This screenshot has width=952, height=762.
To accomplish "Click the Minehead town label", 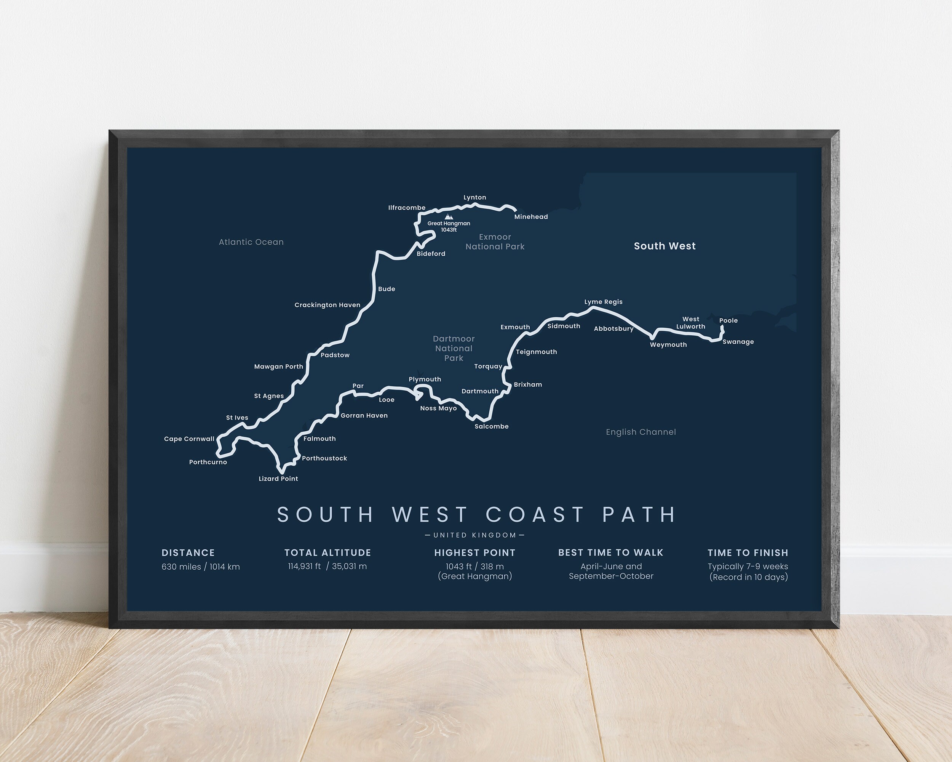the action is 531,217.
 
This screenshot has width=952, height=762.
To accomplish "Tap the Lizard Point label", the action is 278,479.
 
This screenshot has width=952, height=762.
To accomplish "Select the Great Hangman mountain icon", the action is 449,217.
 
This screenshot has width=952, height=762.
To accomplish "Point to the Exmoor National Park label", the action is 495,242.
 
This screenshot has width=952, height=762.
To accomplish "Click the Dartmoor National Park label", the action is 454,349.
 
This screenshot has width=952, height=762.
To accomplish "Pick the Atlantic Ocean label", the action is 251,242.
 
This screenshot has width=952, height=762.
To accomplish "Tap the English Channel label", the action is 641,432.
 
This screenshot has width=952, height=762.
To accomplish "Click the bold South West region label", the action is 664,246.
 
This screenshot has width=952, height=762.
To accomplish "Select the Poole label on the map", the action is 728,321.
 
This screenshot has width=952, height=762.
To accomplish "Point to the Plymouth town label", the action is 425,379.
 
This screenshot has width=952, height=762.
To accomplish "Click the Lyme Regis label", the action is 603,302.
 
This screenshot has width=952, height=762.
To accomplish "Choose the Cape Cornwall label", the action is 189,439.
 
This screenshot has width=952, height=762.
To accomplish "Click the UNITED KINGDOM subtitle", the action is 475,535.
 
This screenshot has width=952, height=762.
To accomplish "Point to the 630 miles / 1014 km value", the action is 200,567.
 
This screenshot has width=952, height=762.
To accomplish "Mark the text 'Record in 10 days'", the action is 748,577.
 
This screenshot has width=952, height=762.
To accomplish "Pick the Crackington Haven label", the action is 327,305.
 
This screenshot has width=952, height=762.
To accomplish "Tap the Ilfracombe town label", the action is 407,208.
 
